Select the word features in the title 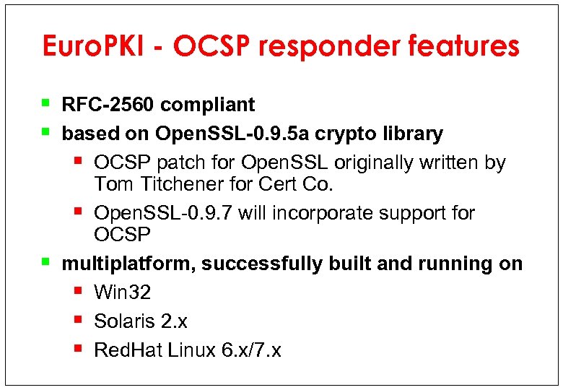click(x=463, y=46)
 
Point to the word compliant click(x=208, y=105)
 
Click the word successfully click(x=262, y=264)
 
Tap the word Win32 click(x=122, y=292)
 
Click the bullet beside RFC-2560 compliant click(x=45, y=103)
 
